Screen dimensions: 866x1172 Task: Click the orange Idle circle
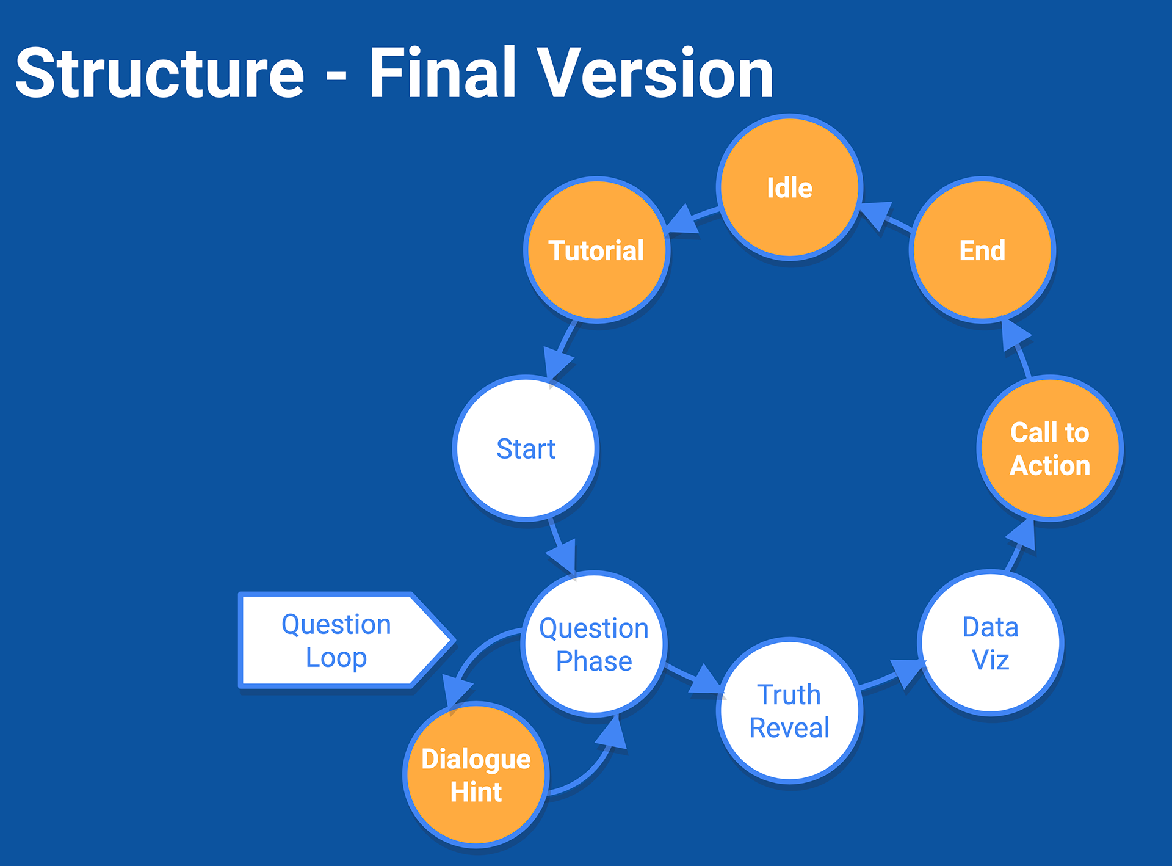(x=789, y=187)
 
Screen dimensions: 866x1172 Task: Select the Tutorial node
(x=596, y=250)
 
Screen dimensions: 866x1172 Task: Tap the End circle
(x=982, y=250)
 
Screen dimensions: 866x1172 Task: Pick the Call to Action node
(x=1050, y=448)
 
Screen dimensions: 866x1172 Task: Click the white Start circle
(x=526, y=448)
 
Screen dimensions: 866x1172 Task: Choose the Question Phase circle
(x=594, y=644)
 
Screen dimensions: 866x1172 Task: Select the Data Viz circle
(x=990, y=642)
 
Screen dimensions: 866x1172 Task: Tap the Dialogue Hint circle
(x=476, y=774)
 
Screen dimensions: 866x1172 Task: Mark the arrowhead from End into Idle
(x=876, y=214)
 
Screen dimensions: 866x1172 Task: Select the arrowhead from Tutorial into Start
(x=557, y=363)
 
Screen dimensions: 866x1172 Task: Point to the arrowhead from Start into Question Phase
(x=563, y=555)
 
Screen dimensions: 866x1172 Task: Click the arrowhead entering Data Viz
(x=906, y=672)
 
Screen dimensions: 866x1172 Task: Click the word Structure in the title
(x=160, y=73)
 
